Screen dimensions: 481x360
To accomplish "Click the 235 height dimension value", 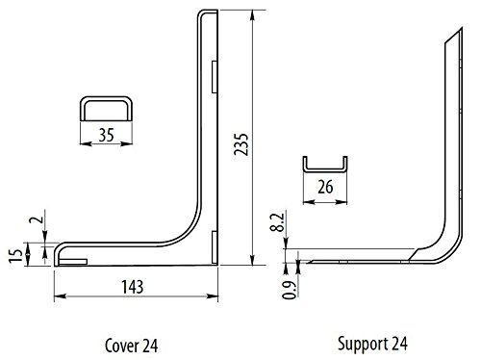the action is click(240, 144).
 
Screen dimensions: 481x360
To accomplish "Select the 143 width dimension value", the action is click(133, 287).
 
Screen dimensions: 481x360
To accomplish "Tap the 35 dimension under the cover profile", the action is click(106, 135).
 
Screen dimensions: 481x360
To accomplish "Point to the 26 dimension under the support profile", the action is click(325, 187).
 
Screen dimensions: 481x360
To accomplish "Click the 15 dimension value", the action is click(15, 255).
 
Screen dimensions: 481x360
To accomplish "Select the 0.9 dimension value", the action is click(290, 290).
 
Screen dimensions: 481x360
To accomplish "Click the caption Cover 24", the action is click(132, 346).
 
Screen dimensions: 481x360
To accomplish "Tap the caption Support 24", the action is click(372, 345).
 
